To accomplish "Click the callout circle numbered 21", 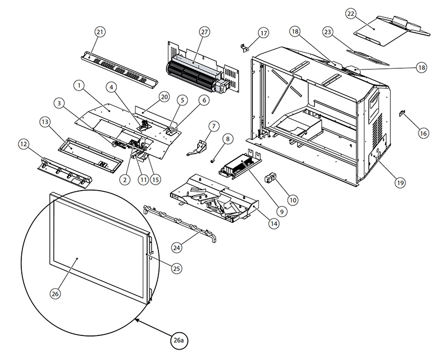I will (x=100, y=32).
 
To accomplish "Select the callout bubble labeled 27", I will (x=204, y=32).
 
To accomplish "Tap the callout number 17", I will (x=264, y=33).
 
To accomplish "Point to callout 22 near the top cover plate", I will (x=365, y=13).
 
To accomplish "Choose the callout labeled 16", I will (x=423, y=133).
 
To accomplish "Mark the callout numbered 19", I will (x=401, y=183).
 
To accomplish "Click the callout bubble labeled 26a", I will (x=178, y=340).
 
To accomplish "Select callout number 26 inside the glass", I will (x=55, y=293).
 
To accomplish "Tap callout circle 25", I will (x=176, y=268).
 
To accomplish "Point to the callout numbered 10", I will (x=293, y=200).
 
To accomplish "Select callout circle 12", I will (x=23, y=144).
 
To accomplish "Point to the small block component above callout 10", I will (x=269, y=178).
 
